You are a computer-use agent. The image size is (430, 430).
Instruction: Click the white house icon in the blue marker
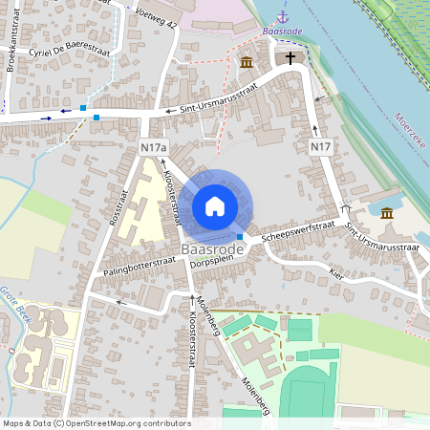[x=215, y=206]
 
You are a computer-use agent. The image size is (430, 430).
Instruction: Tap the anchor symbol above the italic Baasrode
[x=282, y=17]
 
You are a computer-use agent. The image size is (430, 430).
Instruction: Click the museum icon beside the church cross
[x=247, y=63]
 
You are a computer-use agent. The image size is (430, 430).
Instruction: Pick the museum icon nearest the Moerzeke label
[x=387, y=212]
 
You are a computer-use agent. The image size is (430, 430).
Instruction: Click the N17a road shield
[x=153, y=148]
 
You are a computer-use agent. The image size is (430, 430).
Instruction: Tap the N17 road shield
[x=321, y=147]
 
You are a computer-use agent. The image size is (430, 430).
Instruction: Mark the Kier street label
[x=335, y=272]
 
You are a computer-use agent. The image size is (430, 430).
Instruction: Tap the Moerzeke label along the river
[x=408, y=131]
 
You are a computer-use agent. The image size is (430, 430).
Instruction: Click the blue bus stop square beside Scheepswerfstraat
[x=240, y=237]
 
